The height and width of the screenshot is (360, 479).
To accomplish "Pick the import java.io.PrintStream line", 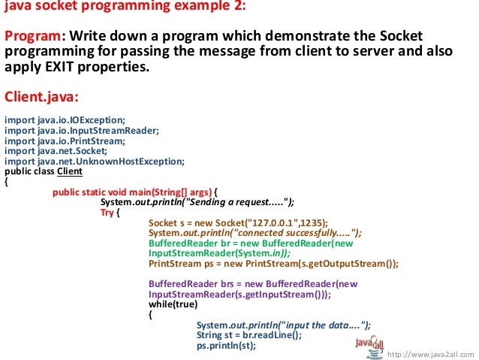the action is [65, 140].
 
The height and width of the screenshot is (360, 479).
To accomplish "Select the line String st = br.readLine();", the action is [249, 335].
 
